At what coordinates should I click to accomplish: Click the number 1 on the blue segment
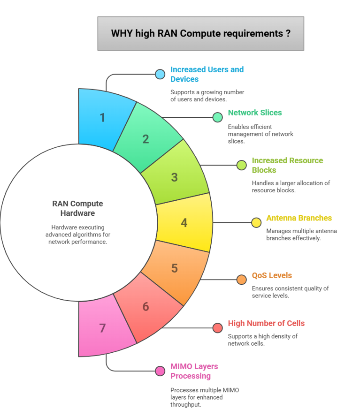tap(102, 117)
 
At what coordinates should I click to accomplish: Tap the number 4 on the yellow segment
tap(184, 223)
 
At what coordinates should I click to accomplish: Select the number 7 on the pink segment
tap(102, 328)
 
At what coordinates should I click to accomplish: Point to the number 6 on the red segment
tap(146, 307)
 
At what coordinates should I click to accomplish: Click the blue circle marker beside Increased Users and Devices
tap(160, 74)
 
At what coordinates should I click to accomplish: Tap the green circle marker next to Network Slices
tap(217, 117)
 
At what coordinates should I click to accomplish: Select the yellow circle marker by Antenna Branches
tap(256, 223)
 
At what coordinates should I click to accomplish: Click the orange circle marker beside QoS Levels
tap(242, 280)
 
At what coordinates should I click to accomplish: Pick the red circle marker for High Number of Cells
tap(217, 328)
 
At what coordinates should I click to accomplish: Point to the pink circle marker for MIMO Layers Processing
tap(160, 371)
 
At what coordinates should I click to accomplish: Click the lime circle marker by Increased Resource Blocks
tap(242, 165)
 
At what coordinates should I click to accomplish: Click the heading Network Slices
tap(254, 113)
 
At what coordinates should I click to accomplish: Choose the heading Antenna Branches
tap(299, 218)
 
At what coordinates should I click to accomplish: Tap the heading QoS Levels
tap(272, 275)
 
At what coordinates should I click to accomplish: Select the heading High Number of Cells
tap(266, 323)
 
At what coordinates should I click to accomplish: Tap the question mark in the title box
tap(287, 34)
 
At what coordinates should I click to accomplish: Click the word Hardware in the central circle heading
tap(77, 213)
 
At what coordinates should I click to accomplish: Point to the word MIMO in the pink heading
tap(181, 366)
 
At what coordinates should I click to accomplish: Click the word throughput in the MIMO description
tap(185, 404)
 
